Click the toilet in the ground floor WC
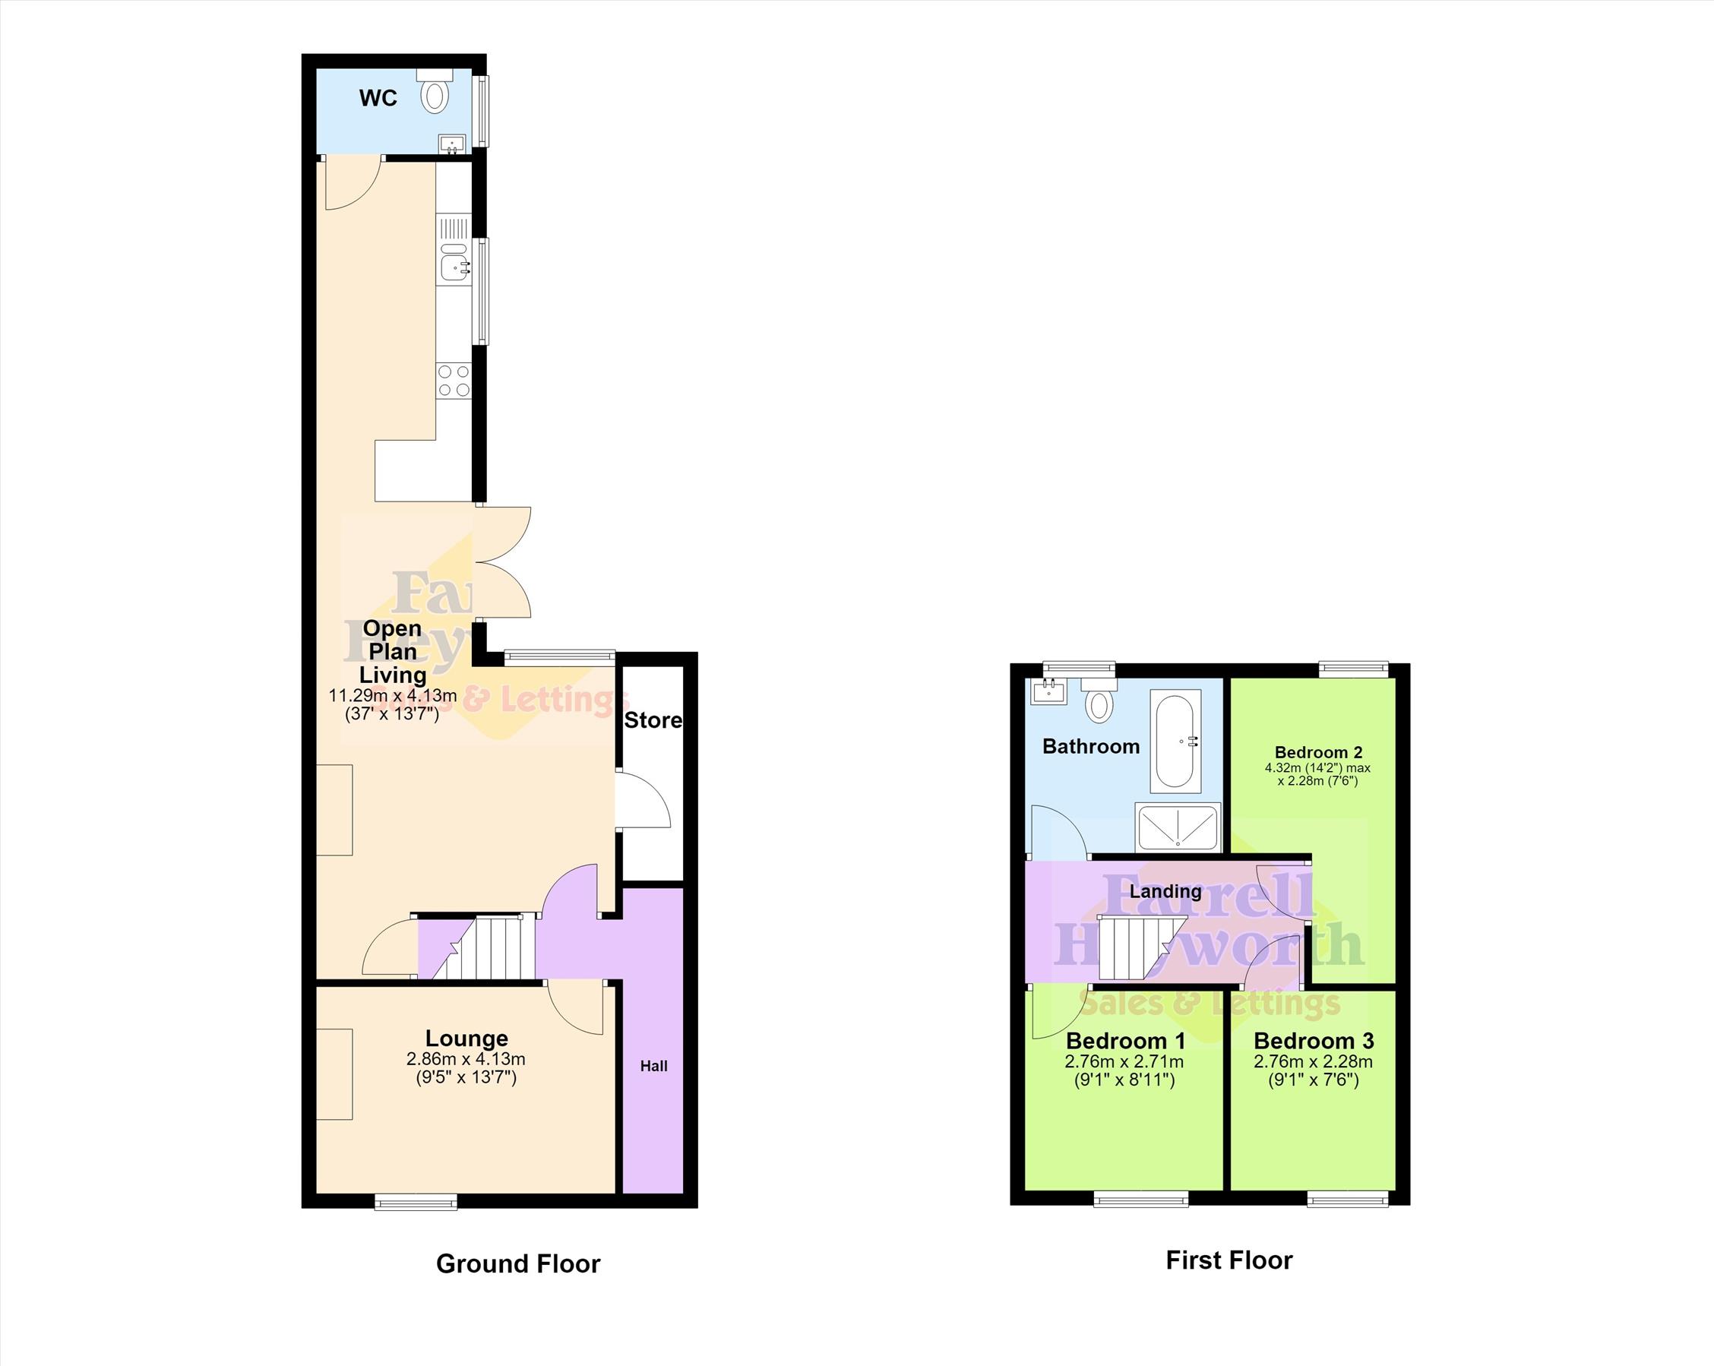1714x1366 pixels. pyautogui.click(x=435, y=90)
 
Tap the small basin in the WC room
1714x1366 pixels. pyautogui.click(x=452, y=144)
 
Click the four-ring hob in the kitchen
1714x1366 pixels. pyautogui.click(x=453, y=380)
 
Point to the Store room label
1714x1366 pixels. pyautogui.click(x=653, y=720)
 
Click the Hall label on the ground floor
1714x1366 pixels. pyautogui.click(x=654, y=1066)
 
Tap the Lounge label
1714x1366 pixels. pyautogui.click(x=466, y=1039)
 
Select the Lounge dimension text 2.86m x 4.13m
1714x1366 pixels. pyautogui.click(x=466, y=1059)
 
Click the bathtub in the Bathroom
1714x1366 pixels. pyautogui.click(x=1176, y=741)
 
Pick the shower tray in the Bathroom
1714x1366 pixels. pyautogui.click(x=1178, y=827)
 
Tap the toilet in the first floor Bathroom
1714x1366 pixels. pyautogui.click(x=1099, y=700)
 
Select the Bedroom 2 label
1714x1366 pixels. pyautogui.click(x=1319, y=752)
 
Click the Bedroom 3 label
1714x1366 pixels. pyautogui.click(x=1314, y=1041)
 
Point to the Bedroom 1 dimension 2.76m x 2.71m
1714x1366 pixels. pyautogui.click(x=1124, y=1061)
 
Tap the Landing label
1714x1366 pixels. pyautogui.click(x=1165, y=891)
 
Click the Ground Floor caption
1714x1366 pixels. pyautogui.click(x=518, y=1263)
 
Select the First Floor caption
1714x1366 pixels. pyautogui.click(x=1229, y=1260)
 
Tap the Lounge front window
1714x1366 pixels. pyautogui.click(x=416, y=1200)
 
